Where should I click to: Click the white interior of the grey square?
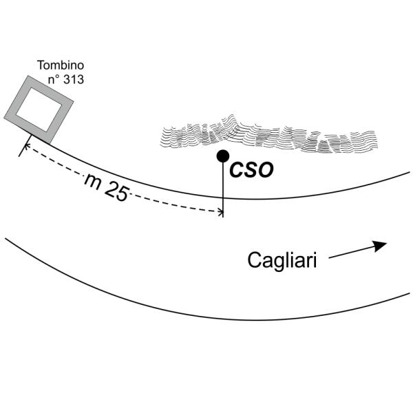[39, 110]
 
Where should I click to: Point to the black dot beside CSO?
[222, 156]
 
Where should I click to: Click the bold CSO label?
[251, 170]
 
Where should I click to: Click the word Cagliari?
[282, 261]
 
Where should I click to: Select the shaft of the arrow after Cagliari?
[351, 252]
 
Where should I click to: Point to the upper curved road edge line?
[310, 193]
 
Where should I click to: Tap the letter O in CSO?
[266, 170]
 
